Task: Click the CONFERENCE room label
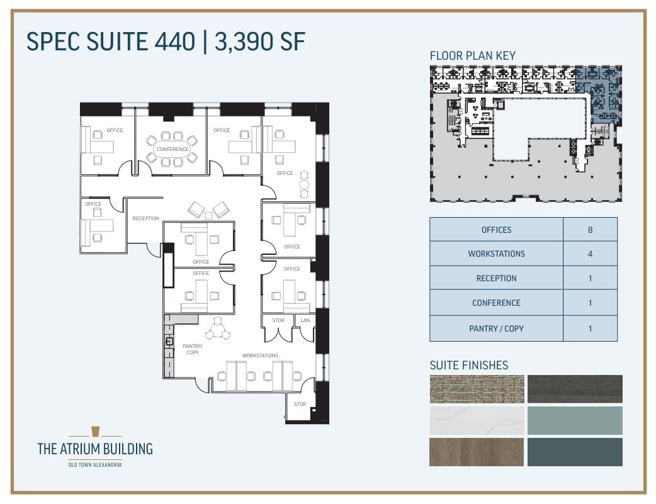point(172,149)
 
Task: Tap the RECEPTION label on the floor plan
point(145,219)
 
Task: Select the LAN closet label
point(305,320)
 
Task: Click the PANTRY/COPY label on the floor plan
point(192,349)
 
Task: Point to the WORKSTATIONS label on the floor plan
point(261,356)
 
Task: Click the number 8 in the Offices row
point(590,230)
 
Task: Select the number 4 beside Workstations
point(590,254)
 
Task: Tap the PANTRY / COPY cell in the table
point(496,328)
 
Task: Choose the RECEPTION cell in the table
point(496,278)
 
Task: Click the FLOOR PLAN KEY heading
point(472,55)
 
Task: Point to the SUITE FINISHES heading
point(469,365)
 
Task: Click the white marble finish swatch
point(477,420)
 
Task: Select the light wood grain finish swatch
point(477,452)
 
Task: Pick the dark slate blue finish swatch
point(575,452)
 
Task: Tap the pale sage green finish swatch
point(575,420)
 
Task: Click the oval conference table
point(172,150)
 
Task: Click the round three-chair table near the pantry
point(218,328)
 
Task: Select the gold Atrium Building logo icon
point(95,431)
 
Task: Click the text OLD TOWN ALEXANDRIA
point(95,465)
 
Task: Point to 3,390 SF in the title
point(259,42)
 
